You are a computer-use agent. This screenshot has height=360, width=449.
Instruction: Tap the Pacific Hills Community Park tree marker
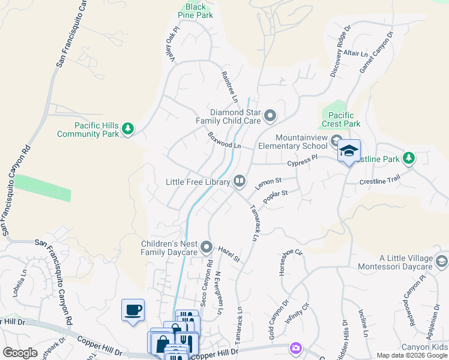tap(127, 128)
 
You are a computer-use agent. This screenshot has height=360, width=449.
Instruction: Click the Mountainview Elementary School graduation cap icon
tap(348, 151)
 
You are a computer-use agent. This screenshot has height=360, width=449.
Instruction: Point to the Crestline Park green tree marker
tap(409, 158)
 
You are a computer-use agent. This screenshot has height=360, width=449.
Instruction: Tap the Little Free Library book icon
tap(239, 181)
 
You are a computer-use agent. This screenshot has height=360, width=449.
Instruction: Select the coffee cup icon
tap(133, 310)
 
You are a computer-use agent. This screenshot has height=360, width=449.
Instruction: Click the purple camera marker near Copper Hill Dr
tap(295, 347)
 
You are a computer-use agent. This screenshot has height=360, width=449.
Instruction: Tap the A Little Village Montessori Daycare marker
tap(442, 261)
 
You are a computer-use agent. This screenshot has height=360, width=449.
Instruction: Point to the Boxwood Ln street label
tap(224, 140)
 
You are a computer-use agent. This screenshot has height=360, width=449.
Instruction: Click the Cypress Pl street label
tap(302, 160)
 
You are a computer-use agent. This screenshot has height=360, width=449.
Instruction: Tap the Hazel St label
tap(229, 255)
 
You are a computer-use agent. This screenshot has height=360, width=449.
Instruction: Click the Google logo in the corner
tap(20, 353)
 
